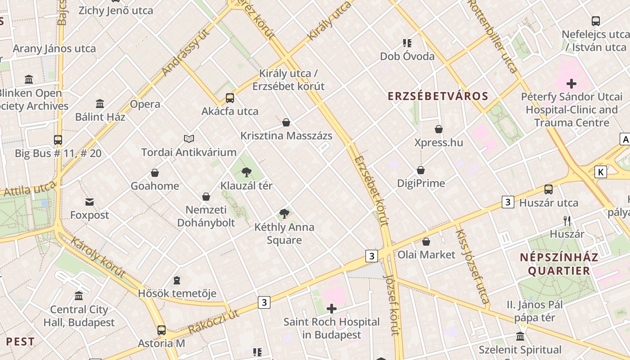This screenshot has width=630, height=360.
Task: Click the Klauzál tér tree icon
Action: [x=246, y=172]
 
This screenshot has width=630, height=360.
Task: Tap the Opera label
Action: [x=145, y=104]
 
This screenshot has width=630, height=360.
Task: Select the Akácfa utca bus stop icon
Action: [x=230, y=98]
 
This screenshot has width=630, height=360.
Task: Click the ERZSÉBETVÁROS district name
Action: [x=438, y=96]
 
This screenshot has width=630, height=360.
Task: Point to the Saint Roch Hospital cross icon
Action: [x=332, y=309]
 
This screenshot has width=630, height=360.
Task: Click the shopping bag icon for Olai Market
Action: [x=426, y=242]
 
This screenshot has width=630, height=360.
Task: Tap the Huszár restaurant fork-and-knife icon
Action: [x=567, y=220]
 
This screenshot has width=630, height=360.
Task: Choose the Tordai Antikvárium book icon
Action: [x=189, y=139]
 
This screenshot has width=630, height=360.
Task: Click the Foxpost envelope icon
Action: [x=90, y=202]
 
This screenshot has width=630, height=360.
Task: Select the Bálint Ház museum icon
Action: [x=100, y=103]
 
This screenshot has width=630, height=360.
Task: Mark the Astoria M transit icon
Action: [x=162, y=330]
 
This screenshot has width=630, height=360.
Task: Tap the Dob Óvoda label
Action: [x=407, y=56]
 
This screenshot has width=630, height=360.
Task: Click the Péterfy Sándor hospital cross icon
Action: [x=571, y=83]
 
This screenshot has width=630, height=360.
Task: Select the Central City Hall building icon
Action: [x=79, y=296]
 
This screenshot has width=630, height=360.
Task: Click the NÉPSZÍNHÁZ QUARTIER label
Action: [x=559, y=264]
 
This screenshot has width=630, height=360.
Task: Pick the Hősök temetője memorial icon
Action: [x=177, y=280]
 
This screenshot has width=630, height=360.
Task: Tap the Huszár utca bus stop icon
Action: [x=549, y=189]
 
